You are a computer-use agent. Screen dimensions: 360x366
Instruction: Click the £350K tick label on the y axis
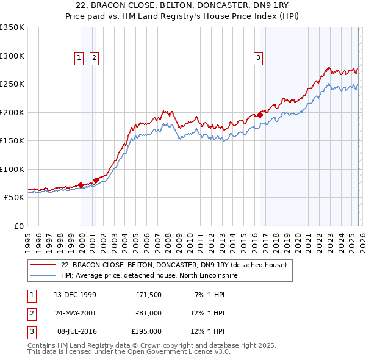[12, 27]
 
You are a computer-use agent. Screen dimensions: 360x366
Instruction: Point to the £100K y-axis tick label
[12, 169]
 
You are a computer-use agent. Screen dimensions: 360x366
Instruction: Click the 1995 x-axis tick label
[27, 239]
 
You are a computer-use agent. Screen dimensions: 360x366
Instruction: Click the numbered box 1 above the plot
[79, 58]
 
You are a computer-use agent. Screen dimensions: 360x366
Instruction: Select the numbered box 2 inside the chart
[95, 58]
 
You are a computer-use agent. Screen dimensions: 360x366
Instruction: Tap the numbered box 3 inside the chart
[258, 58]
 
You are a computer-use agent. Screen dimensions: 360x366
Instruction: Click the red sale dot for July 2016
[260, 115]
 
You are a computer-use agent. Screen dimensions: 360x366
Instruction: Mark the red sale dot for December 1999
[81, 185]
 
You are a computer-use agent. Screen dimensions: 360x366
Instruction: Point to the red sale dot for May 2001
[96, 180]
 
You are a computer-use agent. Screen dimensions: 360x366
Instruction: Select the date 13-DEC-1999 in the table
[74, 295]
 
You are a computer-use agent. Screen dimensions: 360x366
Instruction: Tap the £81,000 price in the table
[148, 313]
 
